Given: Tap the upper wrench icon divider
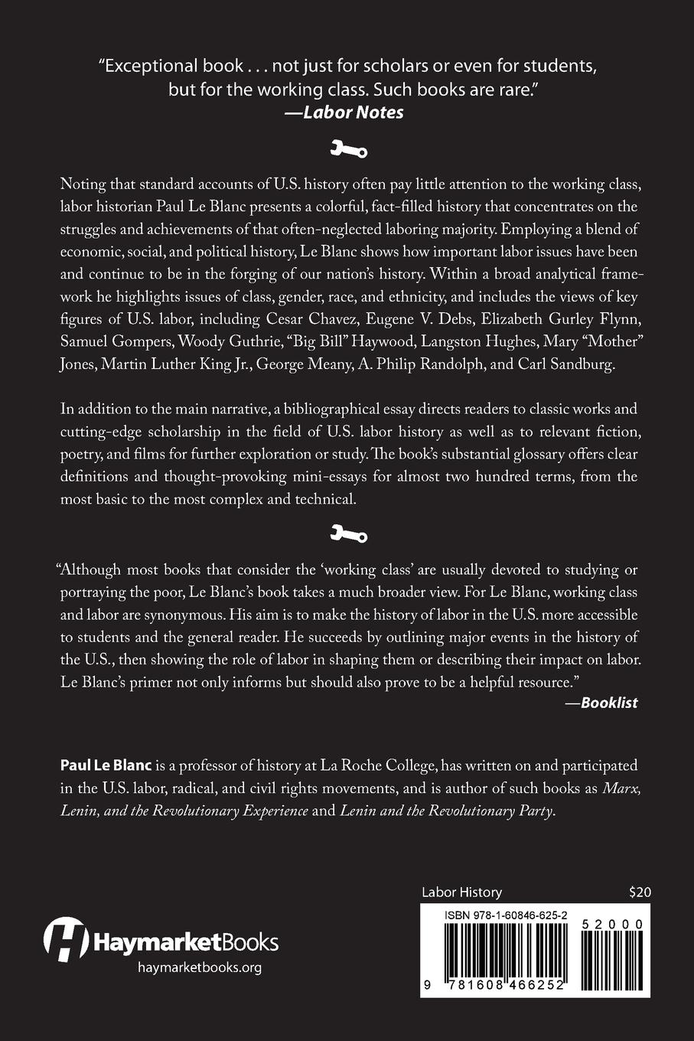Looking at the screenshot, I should point(348,149).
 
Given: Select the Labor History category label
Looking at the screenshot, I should point(461,892).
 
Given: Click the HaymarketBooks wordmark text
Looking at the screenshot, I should point(185,941).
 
